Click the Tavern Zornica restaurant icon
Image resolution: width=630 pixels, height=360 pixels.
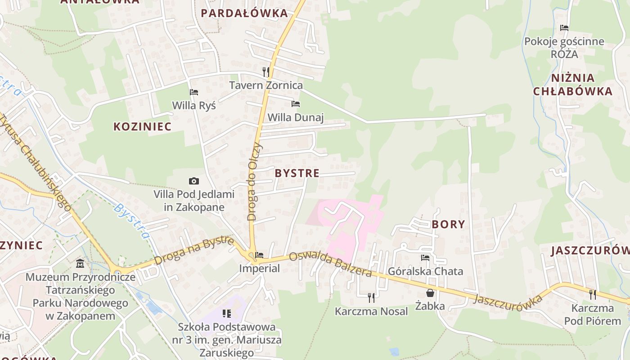(266, 72)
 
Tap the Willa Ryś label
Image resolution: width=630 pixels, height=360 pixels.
(194, 106)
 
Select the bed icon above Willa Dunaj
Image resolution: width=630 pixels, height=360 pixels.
(296, 104)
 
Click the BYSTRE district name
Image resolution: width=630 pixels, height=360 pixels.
(297, 173)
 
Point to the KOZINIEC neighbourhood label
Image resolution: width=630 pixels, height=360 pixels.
(142, 126)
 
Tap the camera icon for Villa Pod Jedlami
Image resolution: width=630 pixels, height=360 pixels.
(194, 181)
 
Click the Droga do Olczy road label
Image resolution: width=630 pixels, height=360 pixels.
(254, 182)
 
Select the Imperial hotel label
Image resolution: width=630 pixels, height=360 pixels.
(259, 269)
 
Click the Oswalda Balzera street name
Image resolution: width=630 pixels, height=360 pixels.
(330, 264)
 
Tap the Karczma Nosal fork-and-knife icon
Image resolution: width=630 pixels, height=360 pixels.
(371, 297)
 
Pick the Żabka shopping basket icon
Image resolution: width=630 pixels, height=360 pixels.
(430, 293)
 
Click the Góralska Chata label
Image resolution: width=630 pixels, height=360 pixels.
(425, 271)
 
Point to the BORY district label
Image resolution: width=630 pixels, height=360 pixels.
(448, 224)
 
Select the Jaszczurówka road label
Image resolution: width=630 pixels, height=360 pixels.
(508, 302)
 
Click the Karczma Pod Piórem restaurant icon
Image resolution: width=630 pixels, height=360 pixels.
(593, 294)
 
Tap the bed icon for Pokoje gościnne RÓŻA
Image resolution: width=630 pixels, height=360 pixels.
(564, 28)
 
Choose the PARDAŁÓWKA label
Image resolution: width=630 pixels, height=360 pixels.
(244, 13)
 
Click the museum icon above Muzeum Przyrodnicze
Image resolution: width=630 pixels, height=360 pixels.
(80, 263)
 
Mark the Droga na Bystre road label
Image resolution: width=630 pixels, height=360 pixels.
(194, 251)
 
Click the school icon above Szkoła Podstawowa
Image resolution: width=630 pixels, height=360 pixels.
(227, 313)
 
